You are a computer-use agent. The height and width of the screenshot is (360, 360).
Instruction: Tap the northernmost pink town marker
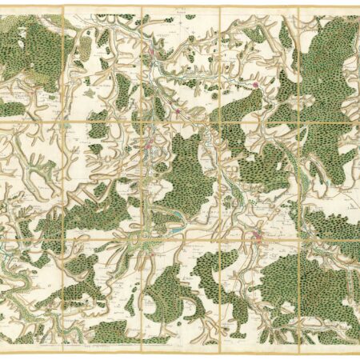(x=148, y=54)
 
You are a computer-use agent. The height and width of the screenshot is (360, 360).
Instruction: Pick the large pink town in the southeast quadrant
(x=258, y=234)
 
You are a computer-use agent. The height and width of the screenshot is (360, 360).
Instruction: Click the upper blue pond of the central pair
(x=171, y=229)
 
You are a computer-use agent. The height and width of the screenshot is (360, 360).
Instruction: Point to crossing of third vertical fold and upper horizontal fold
(x=221, y=122)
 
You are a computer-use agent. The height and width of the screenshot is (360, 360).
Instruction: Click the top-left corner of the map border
(x=3, y=7)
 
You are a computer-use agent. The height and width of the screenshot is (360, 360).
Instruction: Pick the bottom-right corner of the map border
(x=357, y=352)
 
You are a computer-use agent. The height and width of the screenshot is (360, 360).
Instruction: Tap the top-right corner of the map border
(x=357, y=7)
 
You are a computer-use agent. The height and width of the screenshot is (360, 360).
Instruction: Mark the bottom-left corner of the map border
(x=3, y=352)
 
